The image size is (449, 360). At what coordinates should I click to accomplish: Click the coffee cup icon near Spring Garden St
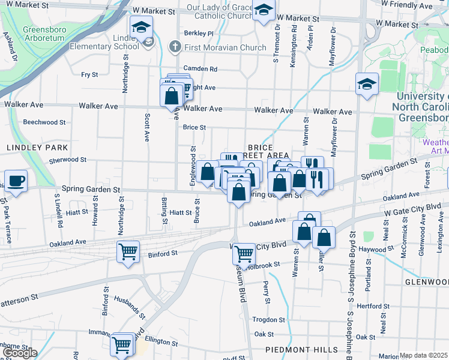(x=16, y=181)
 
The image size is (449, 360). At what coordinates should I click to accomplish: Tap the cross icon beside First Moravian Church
(x=174, y=47)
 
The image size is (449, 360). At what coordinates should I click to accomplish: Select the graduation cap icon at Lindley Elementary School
(x=141, y=27)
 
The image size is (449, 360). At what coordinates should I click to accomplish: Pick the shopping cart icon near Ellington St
(x=122, y=344)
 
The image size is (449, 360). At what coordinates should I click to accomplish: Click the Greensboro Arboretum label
(x=48, y=34)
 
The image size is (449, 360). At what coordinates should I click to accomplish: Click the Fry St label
(x=89, y=74)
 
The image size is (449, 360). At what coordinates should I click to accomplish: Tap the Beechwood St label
(x=44, y=122)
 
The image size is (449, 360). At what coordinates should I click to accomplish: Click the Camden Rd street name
(x=200, y=69)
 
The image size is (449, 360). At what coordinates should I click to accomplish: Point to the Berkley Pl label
(x=199, y=33)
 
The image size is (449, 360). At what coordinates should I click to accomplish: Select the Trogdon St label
(x=268, y=319)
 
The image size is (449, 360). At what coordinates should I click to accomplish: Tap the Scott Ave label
(x=146, y=128)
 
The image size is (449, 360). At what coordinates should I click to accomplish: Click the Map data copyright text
(x=423, y=355)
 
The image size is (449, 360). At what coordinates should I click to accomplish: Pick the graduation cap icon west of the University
(x=366, y=85)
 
